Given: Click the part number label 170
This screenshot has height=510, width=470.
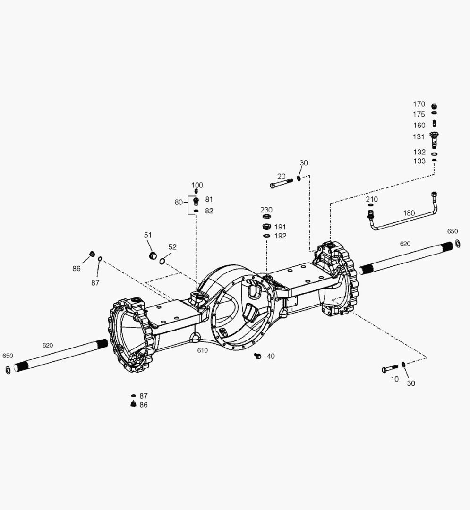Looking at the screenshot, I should (x=419, y=104).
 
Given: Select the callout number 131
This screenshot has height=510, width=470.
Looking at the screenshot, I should (x=419, y=137).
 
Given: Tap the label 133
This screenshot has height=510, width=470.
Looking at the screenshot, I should (x=419, y=161).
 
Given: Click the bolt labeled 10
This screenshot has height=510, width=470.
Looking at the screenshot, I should (x=390, y=369).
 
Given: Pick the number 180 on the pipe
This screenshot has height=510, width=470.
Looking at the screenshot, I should (x=409, y=213).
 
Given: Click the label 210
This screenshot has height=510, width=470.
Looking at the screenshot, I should (x=372, y=199).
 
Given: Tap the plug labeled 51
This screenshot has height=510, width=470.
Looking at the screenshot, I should (x=153, y=256).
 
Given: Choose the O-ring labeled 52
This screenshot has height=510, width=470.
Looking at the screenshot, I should (x=162, y=261).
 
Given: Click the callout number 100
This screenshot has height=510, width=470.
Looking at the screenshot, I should (x=197, y=185).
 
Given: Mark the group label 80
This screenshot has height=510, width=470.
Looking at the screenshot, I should (x=179, y=202).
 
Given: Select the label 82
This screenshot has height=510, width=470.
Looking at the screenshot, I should (x=209, y=211).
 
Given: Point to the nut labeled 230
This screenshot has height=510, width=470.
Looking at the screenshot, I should (x=266, y=217).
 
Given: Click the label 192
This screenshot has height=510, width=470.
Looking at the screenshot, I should (x=280, y=236).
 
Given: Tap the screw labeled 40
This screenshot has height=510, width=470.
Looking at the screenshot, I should (x=257, y=356).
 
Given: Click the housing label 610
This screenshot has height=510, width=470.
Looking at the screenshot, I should (x=202, y=350).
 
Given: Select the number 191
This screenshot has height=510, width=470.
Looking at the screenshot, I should (x=280, y=227).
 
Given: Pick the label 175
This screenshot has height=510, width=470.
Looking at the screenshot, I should (x=419, y=114).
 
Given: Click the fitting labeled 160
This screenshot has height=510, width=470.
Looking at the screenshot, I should (x=434, y=125).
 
